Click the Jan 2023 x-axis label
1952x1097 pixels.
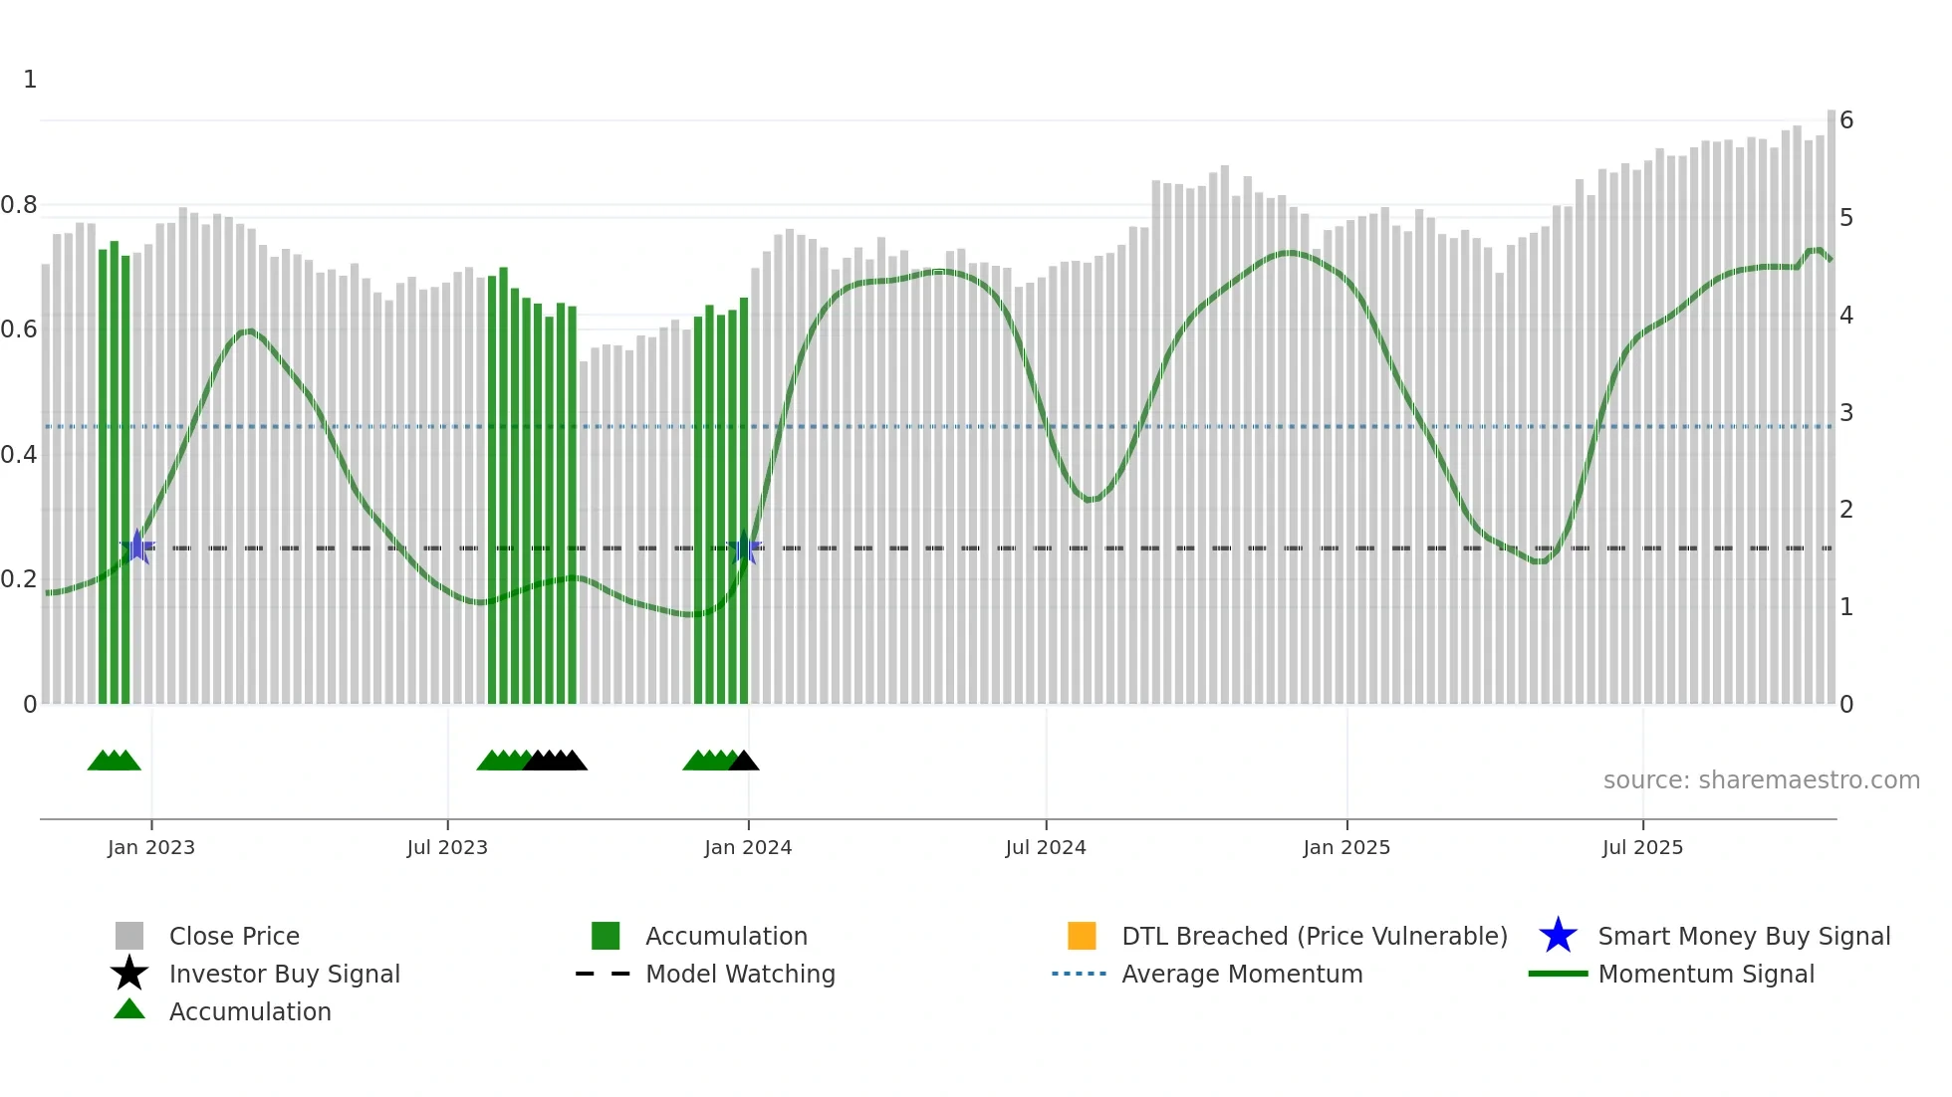151,847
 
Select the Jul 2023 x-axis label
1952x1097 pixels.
447,847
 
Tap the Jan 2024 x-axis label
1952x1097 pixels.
748,847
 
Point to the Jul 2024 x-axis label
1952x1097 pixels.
1046,847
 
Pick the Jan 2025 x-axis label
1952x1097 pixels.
1346,847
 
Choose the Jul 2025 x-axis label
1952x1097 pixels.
1642,847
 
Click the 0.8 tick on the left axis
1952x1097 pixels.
19,205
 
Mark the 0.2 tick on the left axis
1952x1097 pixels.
19,579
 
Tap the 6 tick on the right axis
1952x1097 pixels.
1846,120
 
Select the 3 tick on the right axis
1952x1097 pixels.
1846,412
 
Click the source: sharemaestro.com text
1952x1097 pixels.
1761,780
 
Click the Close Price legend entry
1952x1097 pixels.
234,936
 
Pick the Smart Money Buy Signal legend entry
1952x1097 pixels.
1743,936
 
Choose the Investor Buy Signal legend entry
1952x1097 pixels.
284,974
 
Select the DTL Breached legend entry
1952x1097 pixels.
1314,936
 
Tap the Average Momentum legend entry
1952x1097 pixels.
1241,974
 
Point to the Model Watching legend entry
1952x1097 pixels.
740,974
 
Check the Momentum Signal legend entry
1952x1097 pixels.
1705,974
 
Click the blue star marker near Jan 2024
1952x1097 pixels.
744,548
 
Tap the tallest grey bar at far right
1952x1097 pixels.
1830,398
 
